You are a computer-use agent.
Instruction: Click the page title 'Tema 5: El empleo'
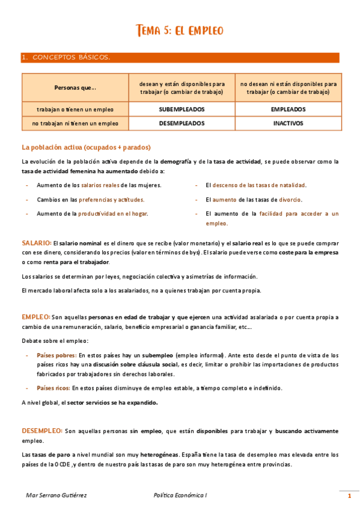180,30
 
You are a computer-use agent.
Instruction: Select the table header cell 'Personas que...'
75,88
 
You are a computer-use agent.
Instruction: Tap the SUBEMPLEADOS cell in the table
182,109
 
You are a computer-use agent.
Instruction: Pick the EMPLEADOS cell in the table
288,109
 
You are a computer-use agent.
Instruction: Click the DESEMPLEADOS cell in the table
182,123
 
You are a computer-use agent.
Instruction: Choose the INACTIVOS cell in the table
288,123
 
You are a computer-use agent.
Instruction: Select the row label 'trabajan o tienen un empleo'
75,109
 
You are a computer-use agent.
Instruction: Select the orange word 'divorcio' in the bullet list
290,199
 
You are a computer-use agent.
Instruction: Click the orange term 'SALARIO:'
36,242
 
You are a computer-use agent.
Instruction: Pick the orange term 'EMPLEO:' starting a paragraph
35,316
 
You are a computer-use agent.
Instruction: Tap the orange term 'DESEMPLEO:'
41,431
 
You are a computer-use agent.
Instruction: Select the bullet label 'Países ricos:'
53,388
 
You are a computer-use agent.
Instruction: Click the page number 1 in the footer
349,496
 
